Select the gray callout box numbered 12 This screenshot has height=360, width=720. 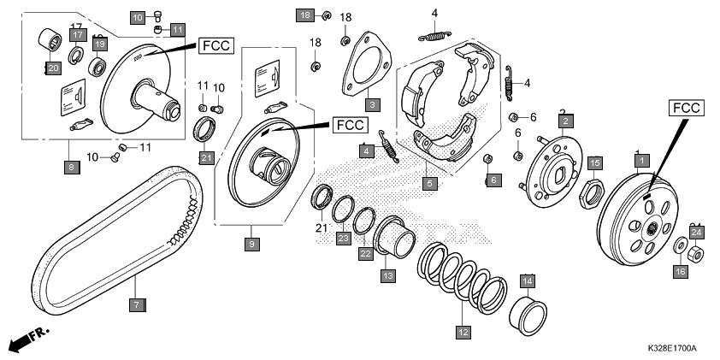[x=463, y=332]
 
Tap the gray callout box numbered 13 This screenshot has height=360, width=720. [x=387, y=275]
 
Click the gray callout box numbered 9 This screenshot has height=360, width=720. [x=251, y=245]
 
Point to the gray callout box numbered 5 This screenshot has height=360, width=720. [x=430, y=183]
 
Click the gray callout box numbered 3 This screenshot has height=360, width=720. [x=372, y=105]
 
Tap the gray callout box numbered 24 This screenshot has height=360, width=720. [x=696, y=232]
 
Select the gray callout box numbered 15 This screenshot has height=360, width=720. [x=595, y=162]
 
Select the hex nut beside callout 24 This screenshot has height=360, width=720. [x=696, y=252]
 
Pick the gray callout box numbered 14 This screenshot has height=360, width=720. [x=528, y=280]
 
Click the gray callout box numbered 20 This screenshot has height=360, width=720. [x=52, y=68]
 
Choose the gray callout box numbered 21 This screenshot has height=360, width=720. [x=206, y=157]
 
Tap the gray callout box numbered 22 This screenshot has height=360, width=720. [x=365, y=254]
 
